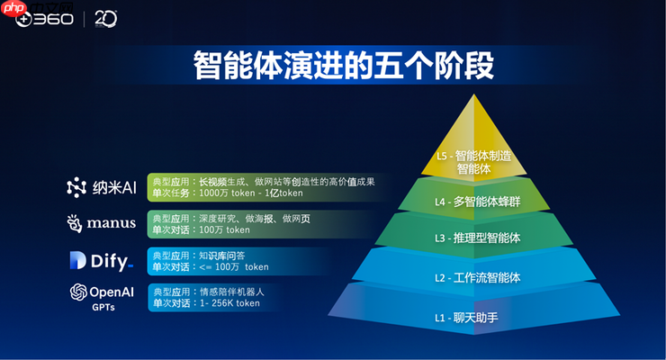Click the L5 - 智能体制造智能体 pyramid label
[473, 161]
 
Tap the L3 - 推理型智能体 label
[473, 238]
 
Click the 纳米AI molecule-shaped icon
[76, 187]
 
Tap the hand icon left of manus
[76, 222]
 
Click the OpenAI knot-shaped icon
[77, 292]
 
